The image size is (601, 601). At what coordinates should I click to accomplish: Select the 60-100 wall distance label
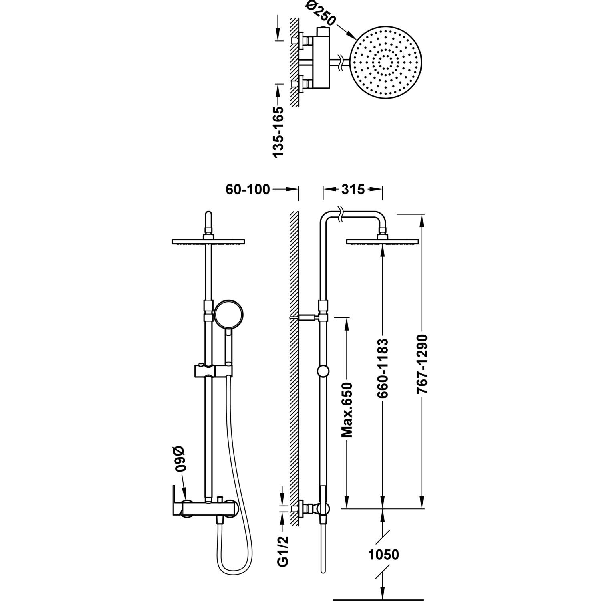coord(248,189)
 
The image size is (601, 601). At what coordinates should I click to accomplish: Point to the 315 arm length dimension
coord(353,189)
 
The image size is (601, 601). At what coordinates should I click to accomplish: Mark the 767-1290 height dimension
coord(423,363)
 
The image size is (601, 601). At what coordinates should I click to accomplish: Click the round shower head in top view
coord(386,63)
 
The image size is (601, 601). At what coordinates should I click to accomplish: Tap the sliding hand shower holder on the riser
coord(212,370)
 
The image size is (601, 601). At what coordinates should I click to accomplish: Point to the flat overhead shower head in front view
coord(208,241)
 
